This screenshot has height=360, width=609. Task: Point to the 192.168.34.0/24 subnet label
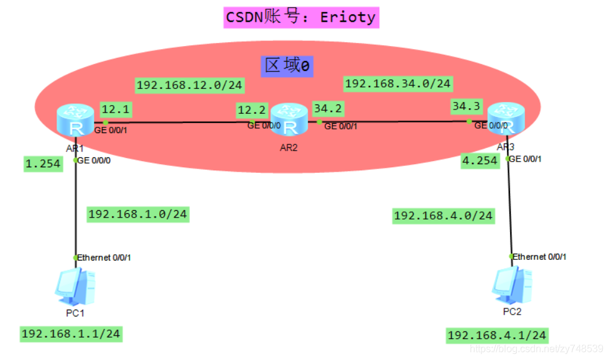coord(398,83)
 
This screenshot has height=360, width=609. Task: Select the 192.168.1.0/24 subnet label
coord(137,215)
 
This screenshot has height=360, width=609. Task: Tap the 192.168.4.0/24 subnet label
coord(443,216)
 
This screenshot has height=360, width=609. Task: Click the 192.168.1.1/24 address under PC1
coord(70,334)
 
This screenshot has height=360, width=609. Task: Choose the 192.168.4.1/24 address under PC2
coord(497,336)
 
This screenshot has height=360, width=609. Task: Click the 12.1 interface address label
coord(116,109)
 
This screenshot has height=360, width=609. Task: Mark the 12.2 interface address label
coord(252,110)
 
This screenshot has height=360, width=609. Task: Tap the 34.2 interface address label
coord(328,109)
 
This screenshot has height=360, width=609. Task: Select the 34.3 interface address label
coord(467,106)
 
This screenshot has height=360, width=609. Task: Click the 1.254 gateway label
coord(43,164)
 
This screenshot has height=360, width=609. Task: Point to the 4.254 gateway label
coord(480,160)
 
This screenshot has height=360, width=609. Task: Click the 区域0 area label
coord(287,65)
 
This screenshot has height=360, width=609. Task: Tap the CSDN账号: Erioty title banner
coord(301,17)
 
